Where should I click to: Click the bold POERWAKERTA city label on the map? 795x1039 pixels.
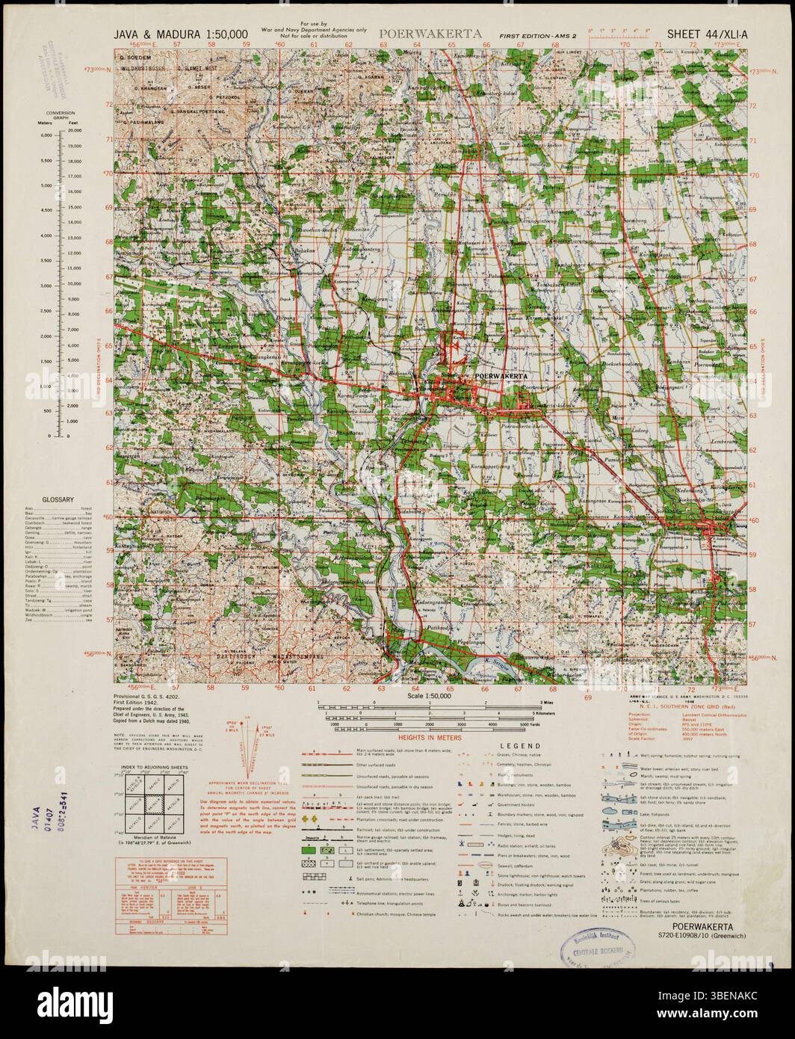click(501, 376)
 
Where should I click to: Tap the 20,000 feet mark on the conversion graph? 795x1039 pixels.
click(75, 130)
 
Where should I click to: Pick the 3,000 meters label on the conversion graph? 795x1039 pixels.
click(44, 283)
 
